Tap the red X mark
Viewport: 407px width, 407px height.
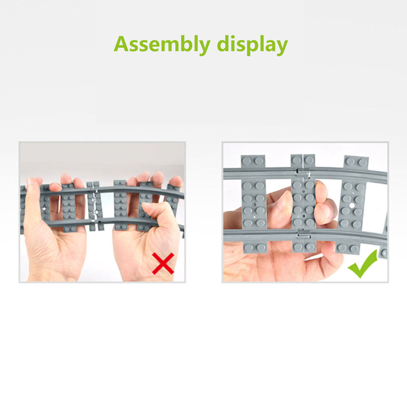pos(163,263)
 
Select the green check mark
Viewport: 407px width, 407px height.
pos(363,264)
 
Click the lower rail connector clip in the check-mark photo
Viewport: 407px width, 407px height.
pos(304,235)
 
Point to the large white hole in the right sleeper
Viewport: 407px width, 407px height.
pos(352,206)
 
